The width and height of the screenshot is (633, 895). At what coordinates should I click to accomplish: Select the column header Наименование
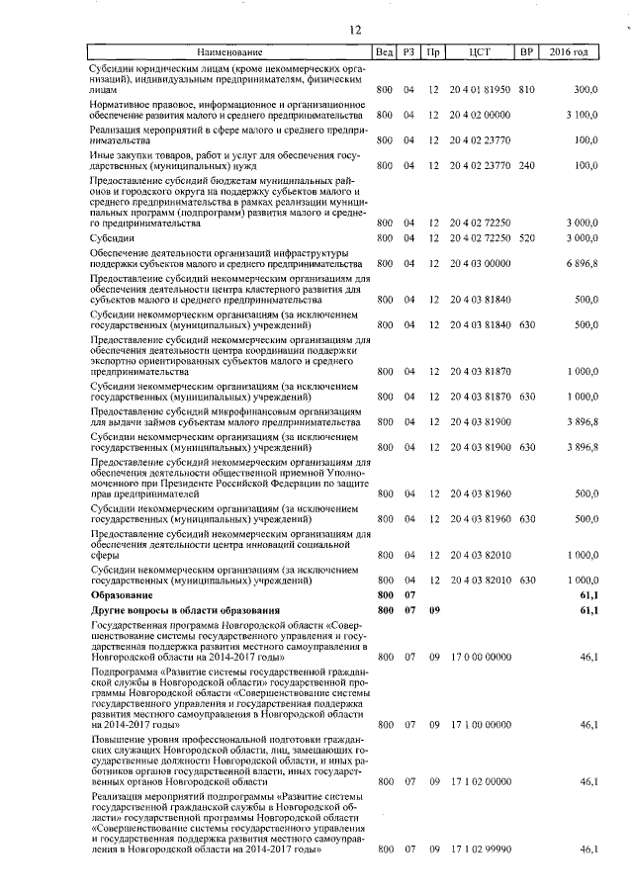click(x=229, y=50)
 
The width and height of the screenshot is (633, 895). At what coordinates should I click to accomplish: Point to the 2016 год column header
click(x=569, y=50)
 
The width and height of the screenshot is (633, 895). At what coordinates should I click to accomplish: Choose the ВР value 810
click(x=525, y=90)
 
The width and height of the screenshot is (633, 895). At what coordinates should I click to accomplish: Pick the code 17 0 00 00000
click(x=480, y=656)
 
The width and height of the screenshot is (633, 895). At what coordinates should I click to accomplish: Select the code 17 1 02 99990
click(x=480, y=850)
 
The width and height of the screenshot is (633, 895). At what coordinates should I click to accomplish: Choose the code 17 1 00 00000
click(x=480, y=725)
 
